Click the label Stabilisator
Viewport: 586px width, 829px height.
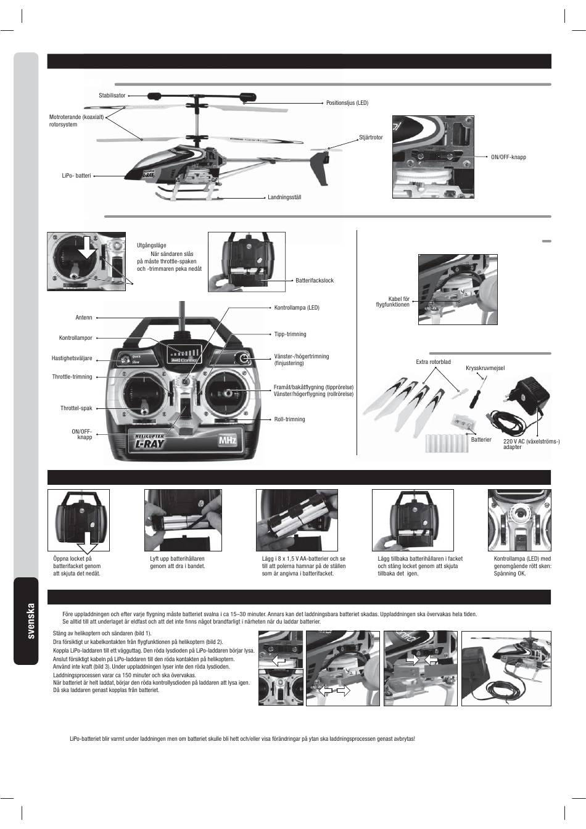point(112,96)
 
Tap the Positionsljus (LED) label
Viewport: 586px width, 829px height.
point(347,102)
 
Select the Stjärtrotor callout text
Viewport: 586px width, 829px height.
point(371,137)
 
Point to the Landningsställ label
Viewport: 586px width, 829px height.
point(284,197)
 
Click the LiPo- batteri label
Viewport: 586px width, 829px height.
point(76,176)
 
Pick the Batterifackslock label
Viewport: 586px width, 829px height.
point(314,281)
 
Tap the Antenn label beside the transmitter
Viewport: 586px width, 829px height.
point(83,318)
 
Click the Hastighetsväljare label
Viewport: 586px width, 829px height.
point(72,358)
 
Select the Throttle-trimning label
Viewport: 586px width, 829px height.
point(72,377)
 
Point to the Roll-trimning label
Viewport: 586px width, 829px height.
point(289,419)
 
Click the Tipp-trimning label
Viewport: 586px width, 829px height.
point(290,334)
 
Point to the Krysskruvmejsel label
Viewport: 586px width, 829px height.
point(485,368)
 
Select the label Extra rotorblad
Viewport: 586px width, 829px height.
point(433,361)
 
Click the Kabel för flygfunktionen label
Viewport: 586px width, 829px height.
point(392,302)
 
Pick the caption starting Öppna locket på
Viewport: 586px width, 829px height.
point(76,566)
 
